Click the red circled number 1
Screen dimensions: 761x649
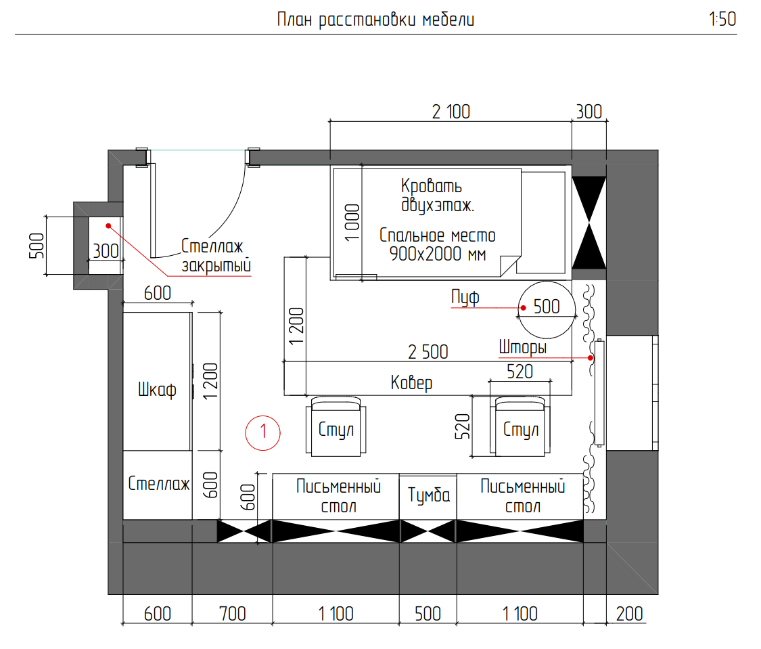[263, 432]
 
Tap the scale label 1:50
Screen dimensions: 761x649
[722, 20]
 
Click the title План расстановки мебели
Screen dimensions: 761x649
[375, 20]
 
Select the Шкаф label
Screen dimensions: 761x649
[157, 390]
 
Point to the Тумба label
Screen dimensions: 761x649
[429, 495]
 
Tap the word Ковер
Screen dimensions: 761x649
[411, 382]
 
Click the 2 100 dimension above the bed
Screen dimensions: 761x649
[451, 112]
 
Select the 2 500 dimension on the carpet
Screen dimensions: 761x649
[428, 352]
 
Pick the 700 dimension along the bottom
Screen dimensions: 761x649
[233, 614]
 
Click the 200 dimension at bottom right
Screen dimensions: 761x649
[630, 614]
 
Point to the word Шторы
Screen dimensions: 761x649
[523, 348]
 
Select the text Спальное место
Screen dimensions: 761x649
[437, 236]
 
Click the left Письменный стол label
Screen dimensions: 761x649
[338, 496]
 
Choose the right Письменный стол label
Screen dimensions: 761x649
[523, 496]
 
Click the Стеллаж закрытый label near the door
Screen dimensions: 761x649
[216, 256]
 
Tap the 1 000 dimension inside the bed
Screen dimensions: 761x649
[352, 223]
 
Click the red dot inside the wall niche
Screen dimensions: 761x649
[108, 226]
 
